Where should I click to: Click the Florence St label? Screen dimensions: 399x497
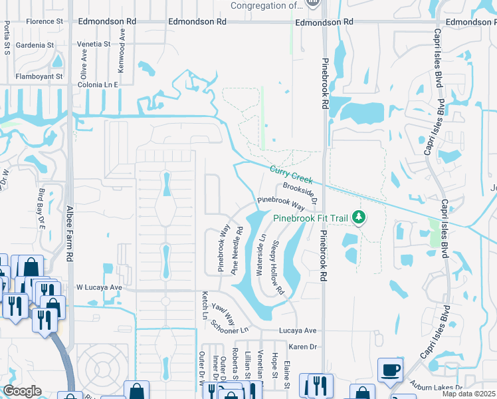pyautogui.click(x=44, y=21)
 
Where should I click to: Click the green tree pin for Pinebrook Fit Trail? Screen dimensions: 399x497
pyautogui.click(x=359, y=217)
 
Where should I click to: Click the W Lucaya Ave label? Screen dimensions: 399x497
pyautogui.click(x=100, y=287)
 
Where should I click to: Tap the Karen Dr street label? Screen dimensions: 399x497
pyautogui.click(x=302, y=346)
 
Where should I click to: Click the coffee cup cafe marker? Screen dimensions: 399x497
pyautogui.click(x=391, y=369)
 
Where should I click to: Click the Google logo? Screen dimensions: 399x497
pyautogui.click(x=23, y=390)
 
